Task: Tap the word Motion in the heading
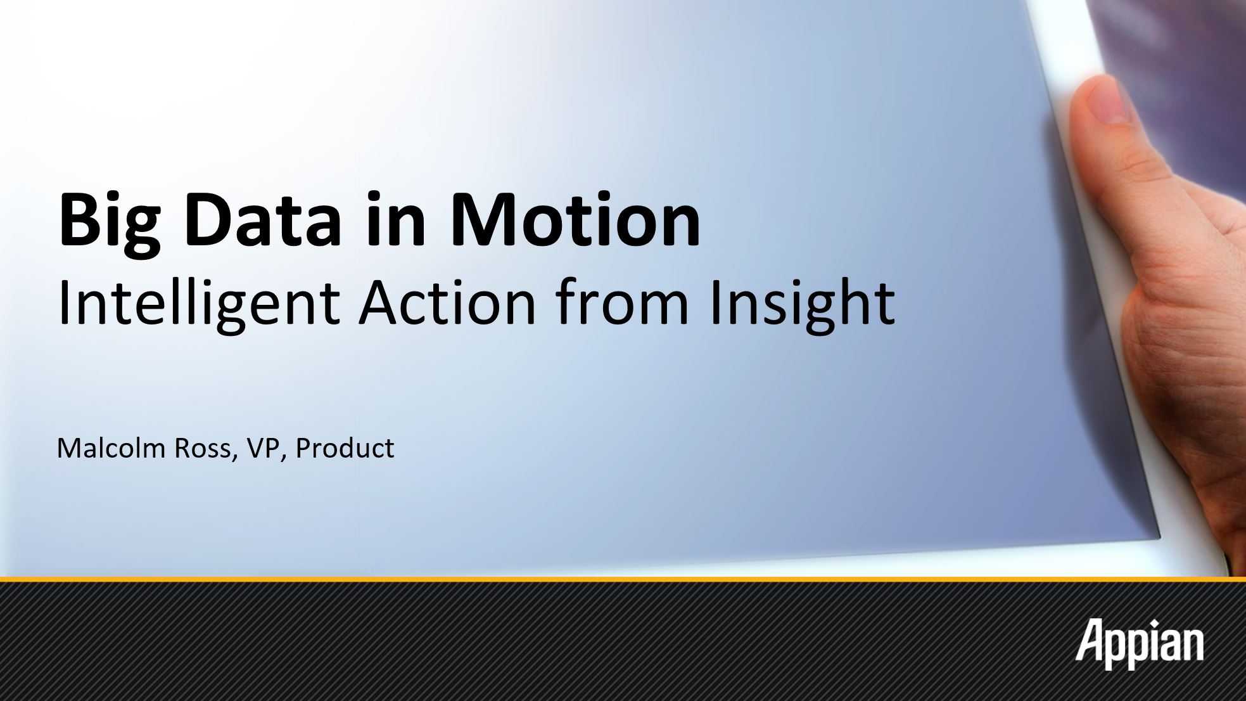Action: (x=576, y=219)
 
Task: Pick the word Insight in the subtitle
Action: (x=802, y=302)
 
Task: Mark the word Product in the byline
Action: (x=345, y=447)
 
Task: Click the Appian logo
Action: (x=1139, y=645)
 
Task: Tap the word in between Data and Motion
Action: (x=396, y=219)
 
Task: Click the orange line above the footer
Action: (x=623, y=579)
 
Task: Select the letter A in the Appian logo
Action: (x=1090, y=640)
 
